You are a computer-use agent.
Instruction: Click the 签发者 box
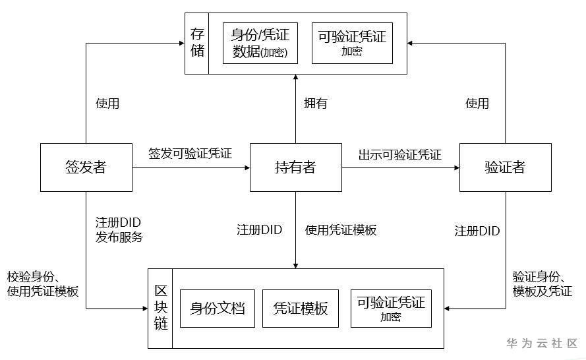[86, 167]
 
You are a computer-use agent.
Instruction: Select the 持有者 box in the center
[295, 167]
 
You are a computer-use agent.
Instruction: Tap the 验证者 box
[505, 167]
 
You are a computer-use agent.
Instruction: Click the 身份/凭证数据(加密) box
[260, 43]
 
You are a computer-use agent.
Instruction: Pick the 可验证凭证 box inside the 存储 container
[352, 43]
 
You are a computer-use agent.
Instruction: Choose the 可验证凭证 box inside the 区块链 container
[391, 308]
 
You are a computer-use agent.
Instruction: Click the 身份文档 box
[218, 308]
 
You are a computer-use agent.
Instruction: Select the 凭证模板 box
[300, 308]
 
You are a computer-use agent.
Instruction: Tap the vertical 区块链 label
[161, 308]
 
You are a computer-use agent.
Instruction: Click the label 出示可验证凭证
[400, 155]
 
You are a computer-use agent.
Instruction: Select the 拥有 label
[315, 104]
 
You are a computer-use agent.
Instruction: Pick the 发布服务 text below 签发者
[119, 237]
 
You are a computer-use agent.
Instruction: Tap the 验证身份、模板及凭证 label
[542, 284]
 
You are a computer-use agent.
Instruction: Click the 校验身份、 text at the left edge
[34, 276]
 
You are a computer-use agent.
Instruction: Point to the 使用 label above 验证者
[477, 104]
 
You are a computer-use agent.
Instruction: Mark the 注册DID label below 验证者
[477, 231]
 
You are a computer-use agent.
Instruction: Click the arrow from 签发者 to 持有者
[191, 168]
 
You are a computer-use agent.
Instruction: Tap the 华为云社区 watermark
[541, 344]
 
